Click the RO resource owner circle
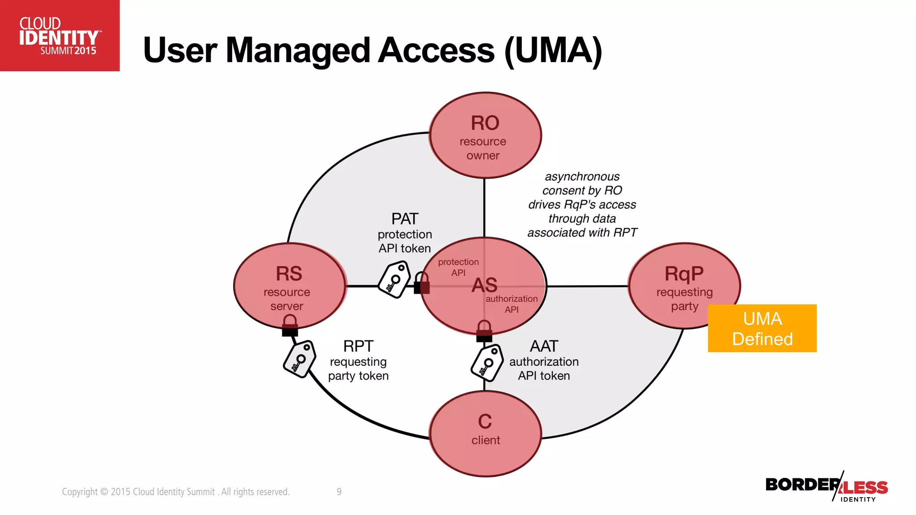point(485,135)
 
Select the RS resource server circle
point(289,286)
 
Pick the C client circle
point(485,433)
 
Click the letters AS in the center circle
point(484,285)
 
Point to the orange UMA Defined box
point(762,329)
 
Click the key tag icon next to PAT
point(394,280)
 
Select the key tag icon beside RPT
point(300,359)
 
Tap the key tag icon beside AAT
point(487,363)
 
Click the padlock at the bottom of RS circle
point(290,325)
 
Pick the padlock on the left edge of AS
point(422,283)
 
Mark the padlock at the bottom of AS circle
point(484,331)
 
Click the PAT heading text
point(405,219)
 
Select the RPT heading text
point(358,346)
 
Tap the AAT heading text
point(544,346)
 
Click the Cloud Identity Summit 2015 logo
point(59,36)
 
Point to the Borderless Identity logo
point(827,487)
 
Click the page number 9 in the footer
point(339,492)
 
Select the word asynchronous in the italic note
point(582,177)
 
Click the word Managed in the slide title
point(298,50)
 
